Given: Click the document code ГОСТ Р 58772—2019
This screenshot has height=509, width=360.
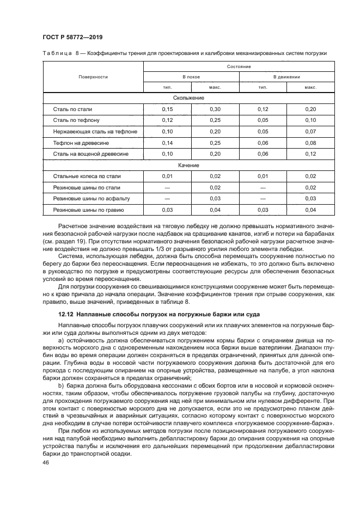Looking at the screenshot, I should click(x=72, y=37).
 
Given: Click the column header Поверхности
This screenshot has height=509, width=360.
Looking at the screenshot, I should click(x=93, y=77).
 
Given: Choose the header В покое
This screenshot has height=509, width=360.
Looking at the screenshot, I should click(x=191, y=77).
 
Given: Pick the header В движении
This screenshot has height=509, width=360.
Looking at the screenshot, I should click(x=286, y=77).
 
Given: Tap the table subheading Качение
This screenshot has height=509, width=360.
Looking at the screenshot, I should click(x=188, y=165).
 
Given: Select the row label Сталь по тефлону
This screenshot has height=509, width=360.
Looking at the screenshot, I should click(x=76, y=120).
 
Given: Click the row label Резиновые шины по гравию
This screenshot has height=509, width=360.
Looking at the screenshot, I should click(x=88, y=210).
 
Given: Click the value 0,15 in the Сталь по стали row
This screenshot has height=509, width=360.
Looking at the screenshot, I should click(x=167, y=109).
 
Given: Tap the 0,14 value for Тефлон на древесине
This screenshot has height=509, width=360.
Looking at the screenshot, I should click(x=167, y=143).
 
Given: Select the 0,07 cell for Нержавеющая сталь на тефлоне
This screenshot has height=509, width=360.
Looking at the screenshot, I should click(x=310, y=131).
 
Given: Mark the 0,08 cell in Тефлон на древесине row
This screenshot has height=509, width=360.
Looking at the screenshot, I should click(x=310, y=143).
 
